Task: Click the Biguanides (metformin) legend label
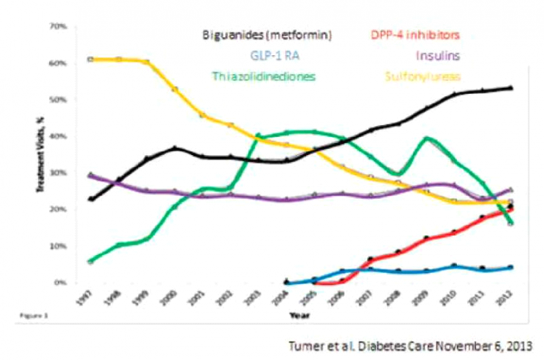[x=267, y=35]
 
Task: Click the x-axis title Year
[x=299, y=316]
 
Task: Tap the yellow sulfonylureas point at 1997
[x=91, y=60]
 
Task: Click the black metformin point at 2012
[x=511, y=88]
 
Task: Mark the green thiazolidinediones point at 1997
[x=91, y=261]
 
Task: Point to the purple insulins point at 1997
[x=91, y=176]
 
